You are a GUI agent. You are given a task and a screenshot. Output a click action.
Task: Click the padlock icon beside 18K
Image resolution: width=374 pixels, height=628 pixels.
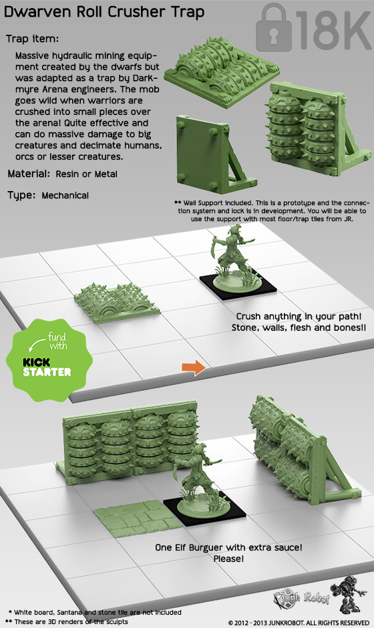tap(274, 28)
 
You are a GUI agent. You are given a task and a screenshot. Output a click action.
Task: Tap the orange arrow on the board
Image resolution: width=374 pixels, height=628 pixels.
tap(194, 367)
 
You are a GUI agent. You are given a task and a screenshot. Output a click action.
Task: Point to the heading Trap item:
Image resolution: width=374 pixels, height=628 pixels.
tap(33, 39)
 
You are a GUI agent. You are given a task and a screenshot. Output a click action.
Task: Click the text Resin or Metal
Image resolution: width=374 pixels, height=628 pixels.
tap(87, 174)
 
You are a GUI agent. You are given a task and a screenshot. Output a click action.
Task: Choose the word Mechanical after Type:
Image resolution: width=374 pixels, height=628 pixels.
tap(65, 196)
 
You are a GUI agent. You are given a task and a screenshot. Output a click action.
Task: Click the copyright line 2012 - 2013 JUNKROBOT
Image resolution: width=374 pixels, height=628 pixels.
tap(299, 623)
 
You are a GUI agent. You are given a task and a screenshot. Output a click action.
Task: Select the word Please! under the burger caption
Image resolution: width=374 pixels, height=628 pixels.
tap(228, 559)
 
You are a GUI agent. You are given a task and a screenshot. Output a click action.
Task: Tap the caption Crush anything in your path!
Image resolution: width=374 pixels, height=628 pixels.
tap(299, 317)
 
